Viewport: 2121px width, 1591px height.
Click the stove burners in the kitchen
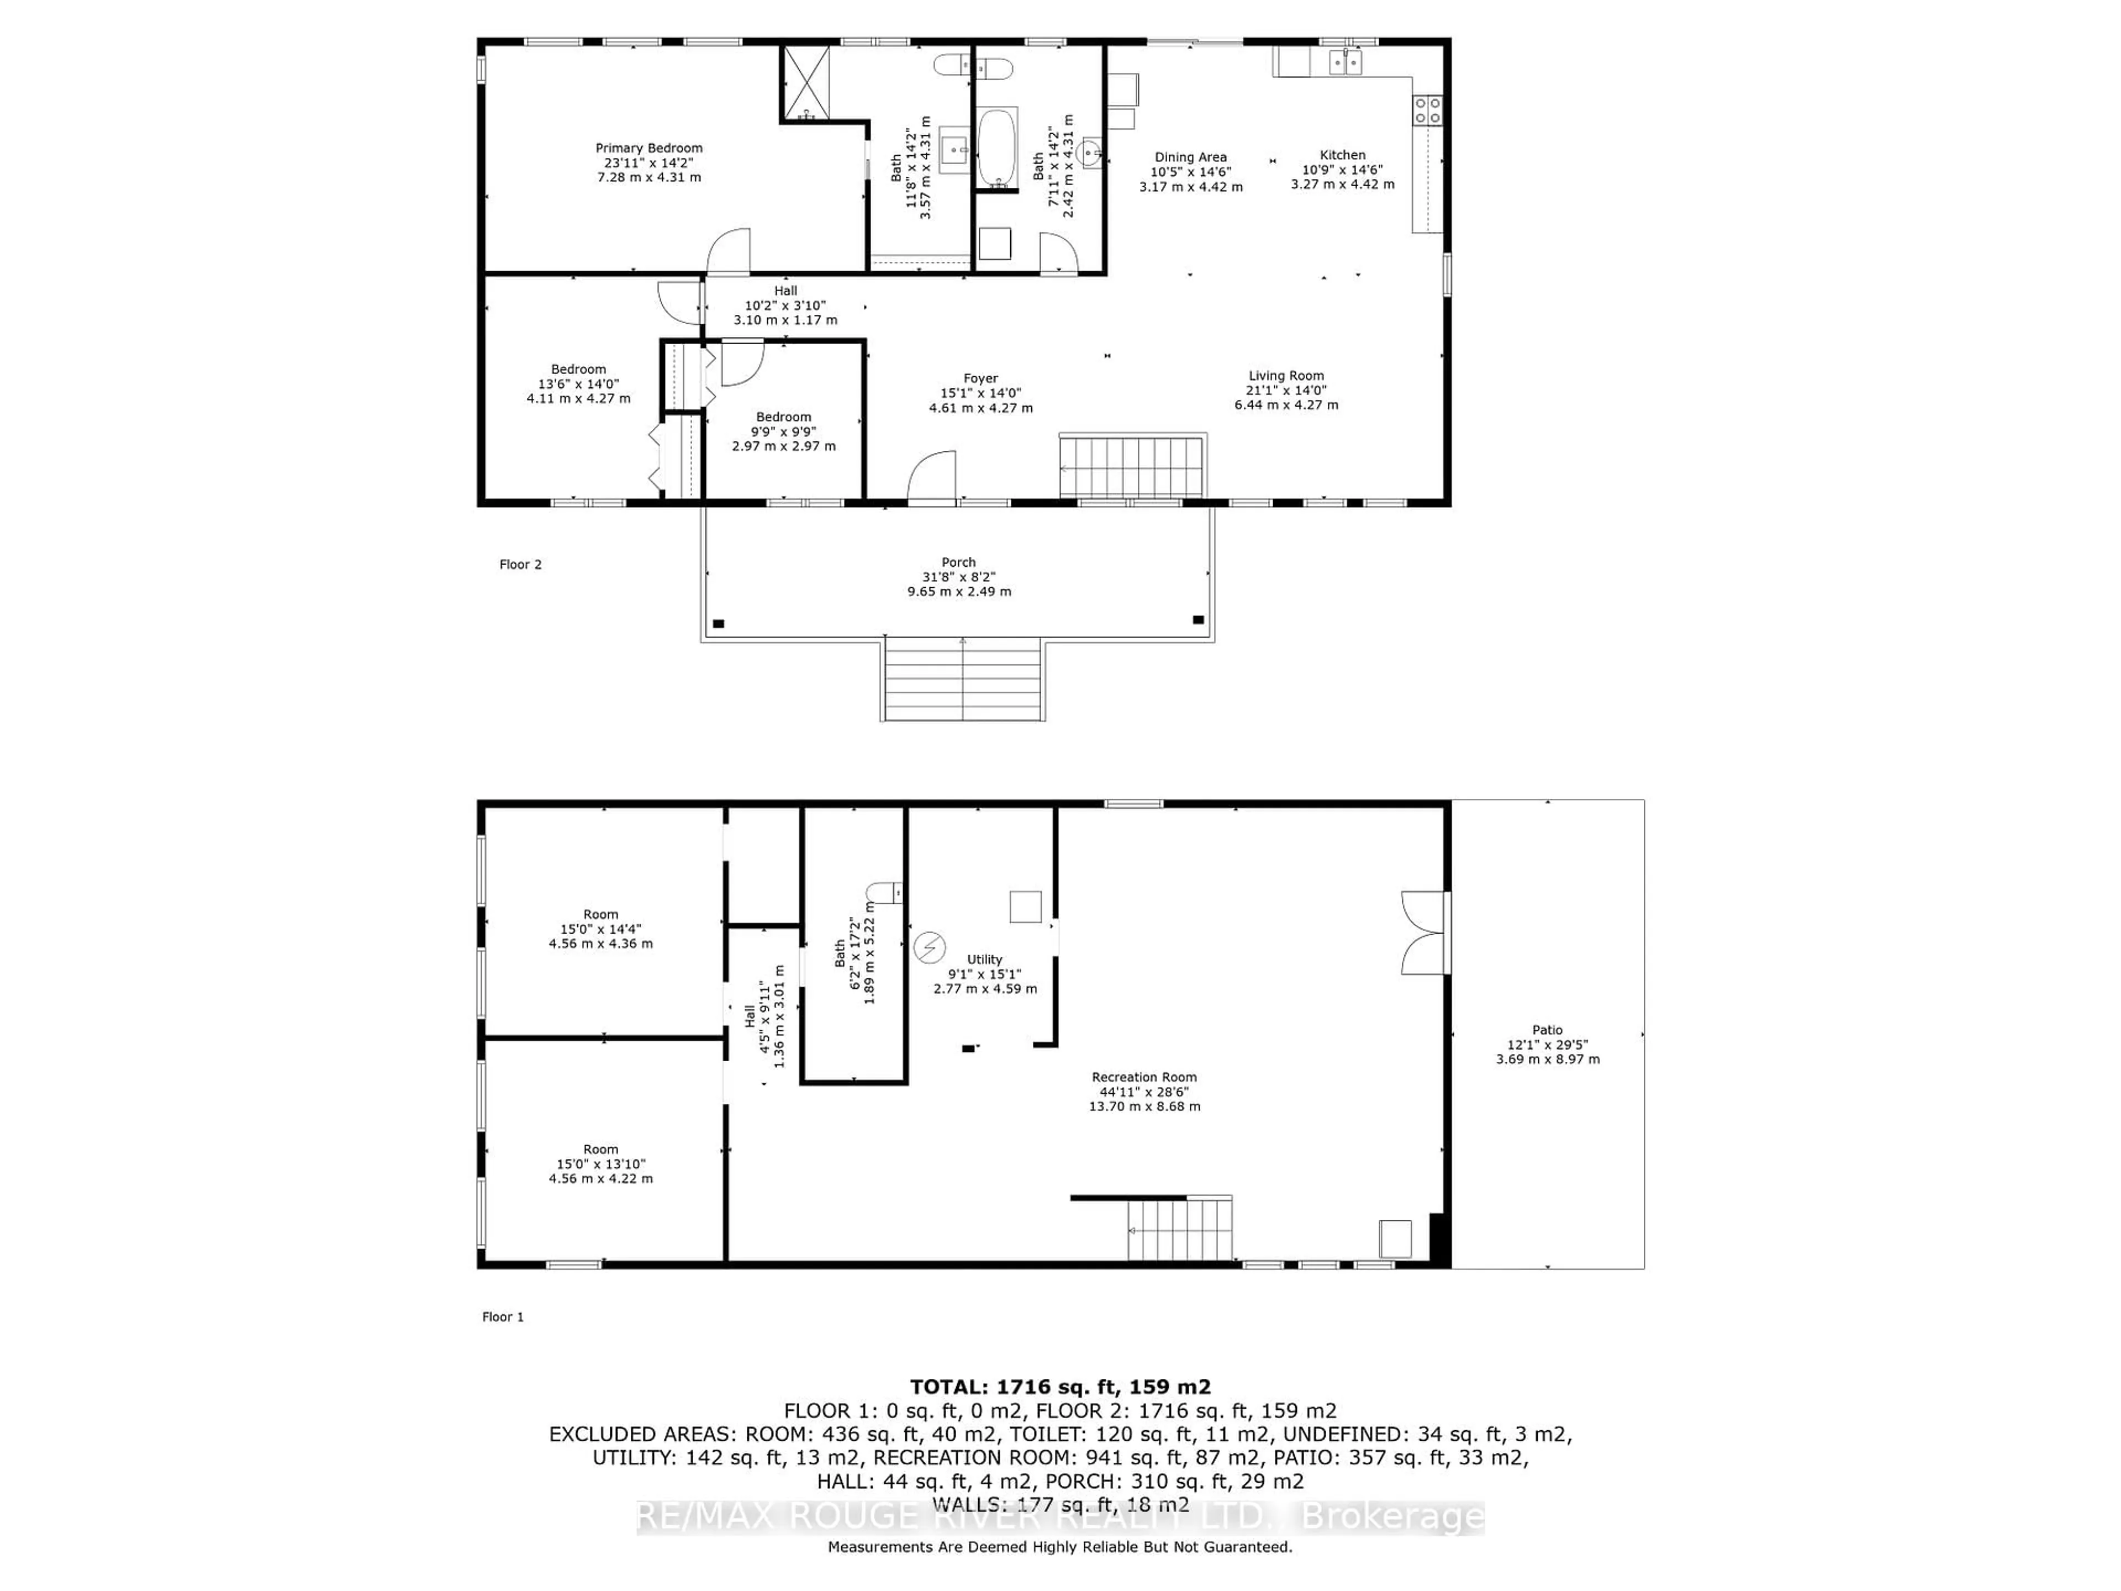tap(1427, 110)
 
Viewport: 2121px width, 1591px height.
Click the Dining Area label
tap(1190, 157)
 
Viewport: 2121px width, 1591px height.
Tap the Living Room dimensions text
tap(1286, 398)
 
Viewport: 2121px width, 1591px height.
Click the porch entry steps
tap(963, 679)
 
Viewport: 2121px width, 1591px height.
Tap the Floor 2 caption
tap(520, 565)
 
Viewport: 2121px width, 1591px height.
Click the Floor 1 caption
tap(503, 1317)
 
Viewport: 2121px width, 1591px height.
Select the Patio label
tap(1547, 1030)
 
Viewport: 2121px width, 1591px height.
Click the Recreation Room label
tap(1144, 1077)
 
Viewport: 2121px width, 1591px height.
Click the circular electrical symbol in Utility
tap(928, 947)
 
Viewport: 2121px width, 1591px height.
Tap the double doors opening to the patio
tap(1423, 933)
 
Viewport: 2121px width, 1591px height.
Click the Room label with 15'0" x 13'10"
tap(600, 1149)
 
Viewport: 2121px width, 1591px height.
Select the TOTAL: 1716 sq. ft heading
tap(1059, 1387)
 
